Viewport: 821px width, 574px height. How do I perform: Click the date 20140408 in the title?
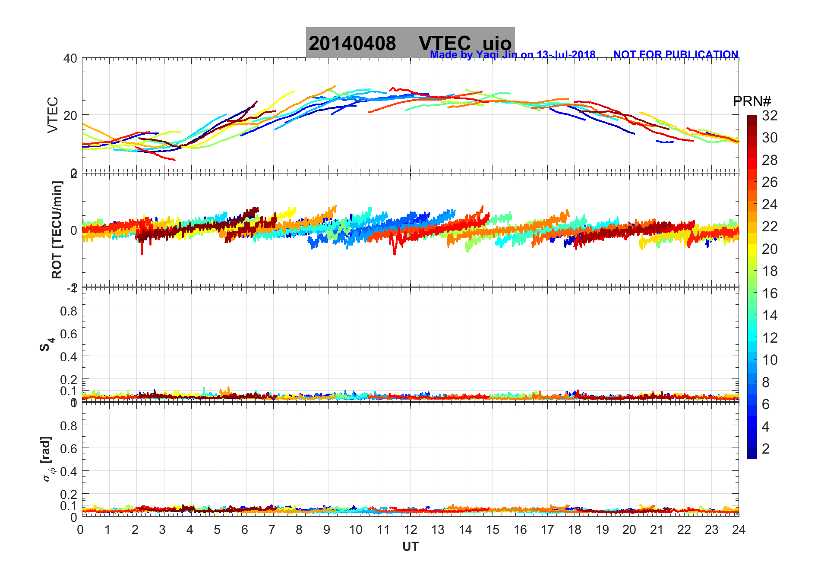352,43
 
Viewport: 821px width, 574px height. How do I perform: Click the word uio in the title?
497,43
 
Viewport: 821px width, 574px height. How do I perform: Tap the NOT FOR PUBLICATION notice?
676,55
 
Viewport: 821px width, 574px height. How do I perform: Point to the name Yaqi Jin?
496,55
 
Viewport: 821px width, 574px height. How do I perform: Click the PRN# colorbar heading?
752,101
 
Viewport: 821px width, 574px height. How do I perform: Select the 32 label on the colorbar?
770,116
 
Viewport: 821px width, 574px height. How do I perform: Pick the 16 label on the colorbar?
770,293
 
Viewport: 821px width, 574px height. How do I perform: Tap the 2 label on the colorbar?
766,449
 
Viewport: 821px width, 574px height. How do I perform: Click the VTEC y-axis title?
53,115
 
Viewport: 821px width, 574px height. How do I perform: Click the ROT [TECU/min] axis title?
57,230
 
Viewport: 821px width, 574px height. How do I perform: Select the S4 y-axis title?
47,345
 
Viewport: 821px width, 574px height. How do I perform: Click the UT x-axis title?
410,547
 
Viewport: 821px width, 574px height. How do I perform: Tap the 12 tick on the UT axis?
410,530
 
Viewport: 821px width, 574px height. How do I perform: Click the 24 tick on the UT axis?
739,530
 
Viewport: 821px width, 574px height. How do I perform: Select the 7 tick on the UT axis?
272,530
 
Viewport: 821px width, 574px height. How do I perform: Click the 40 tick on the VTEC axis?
70,58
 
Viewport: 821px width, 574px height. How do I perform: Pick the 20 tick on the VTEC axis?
70,115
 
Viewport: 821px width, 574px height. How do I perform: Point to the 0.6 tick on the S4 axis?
69,334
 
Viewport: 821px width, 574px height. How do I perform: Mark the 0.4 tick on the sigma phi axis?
69,471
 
